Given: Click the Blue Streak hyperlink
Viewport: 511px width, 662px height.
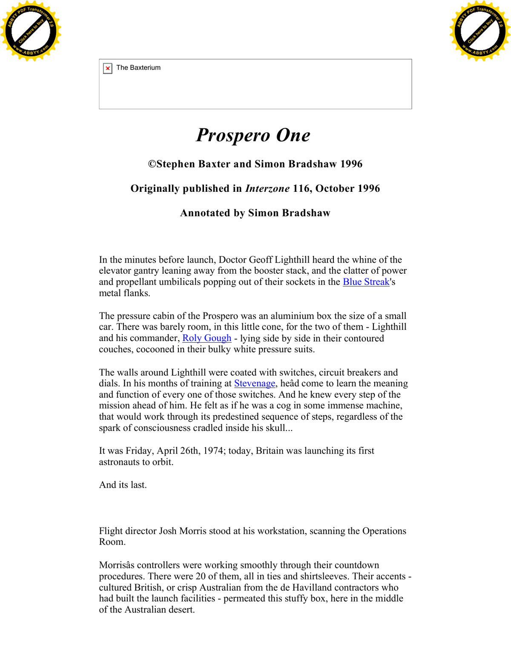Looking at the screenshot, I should pyautogui.click(x=366, y=282).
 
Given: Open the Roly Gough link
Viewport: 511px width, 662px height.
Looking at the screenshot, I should pyautogui.click(x=207, y=338).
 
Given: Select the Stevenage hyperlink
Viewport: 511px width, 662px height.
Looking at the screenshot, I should pyautogui.click(x=254, y=383).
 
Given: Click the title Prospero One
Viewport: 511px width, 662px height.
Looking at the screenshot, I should pyautogui.click(x=253, y=135).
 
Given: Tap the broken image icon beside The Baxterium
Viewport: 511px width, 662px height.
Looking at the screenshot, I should pyautogui.click(x=108, y=68).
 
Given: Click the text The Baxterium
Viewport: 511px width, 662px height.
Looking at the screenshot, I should pyautogui.click(x=138, y=68).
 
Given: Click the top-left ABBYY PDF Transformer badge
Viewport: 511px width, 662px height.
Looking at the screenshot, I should pyautogui.click(x=31, y=31).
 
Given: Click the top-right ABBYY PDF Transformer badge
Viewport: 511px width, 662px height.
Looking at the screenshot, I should pyautogui.click(x=480, y=31).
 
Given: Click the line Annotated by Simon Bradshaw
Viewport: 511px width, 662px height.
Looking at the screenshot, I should pyautogui.click(x=255, y=213).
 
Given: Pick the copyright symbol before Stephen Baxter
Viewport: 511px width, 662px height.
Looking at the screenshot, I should pyautogui.click(x=152, y=164).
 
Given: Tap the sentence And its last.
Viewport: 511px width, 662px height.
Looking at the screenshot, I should pyautogui.click(x=123, y=485).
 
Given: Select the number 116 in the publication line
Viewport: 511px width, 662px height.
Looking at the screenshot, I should pyautogui.click(x=301, y=188).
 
